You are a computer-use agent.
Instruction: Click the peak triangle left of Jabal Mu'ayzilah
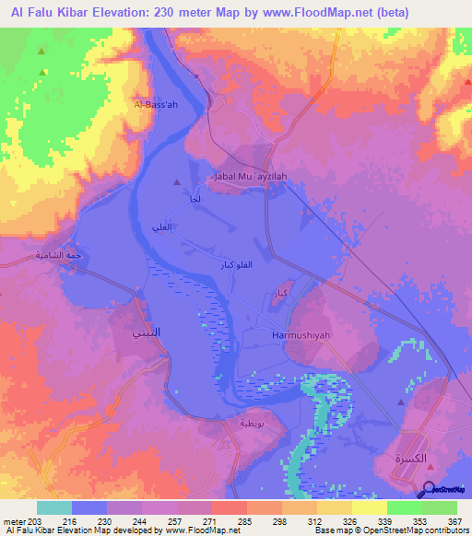(178, 182)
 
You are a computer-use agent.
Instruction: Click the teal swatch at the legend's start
(54, 507)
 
